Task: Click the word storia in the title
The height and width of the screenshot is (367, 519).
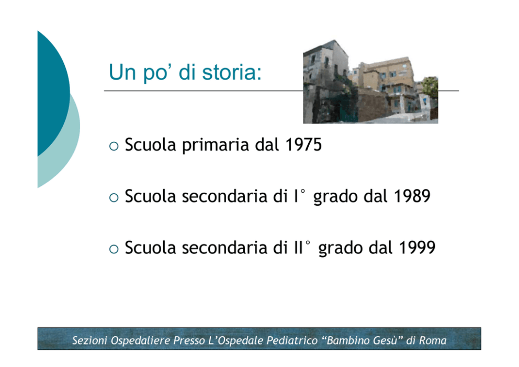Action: (x=229, y=72)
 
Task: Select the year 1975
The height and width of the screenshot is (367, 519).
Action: (x=303, y=144)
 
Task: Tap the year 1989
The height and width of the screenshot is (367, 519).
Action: (x=412, y=196)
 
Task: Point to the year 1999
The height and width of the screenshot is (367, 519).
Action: (x=417, y=248)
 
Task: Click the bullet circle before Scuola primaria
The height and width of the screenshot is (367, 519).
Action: (x=114, y=146)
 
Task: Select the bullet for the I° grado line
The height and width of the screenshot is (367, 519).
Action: (x=114, y=197)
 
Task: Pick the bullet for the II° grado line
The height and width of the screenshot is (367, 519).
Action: (x=114, y=249)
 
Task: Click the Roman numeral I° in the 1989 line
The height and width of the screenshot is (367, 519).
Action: (x=300, y=196)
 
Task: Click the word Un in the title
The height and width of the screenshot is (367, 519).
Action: (x=122, y=72)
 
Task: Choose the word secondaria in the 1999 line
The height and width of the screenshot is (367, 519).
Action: (x=225, y=248)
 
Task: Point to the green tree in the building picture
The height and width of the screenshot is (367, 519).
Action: (x=430, y=87)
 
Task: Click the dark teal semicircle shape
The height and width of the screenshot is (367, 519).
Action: (x=53, y=93)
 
